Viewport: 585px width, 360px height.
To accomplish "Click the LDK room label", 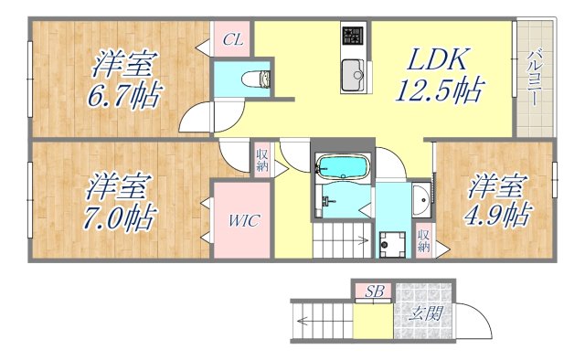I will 438,61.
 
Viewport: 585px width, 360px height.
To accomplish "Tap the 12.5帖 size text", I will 440,90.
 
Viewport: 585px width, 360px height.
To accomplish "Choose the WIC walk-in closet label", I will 242,220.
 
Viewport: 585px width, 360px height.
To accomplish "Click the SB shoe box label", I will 374,291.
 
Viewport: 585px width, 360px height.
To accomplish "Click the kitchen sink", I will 354,74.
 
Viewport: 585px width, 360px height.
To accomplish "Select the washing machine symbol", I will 394,243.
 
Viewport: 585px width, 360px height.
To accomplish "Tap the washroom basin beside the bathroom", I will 421,201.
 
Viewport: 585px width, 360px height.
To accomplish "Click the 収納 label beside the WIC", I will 262,161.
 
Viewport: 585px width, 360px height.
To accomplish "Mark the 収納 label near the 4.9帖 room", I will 424,239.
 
